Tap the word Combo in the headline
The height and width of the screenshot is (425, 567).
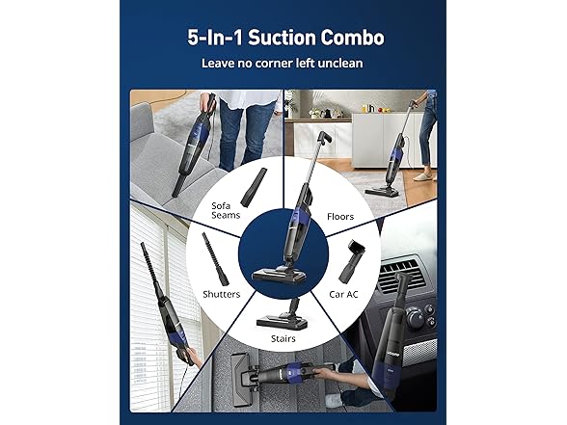click(x=352, y=38)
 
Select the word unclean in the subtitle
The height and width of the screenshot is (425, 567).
click(x=339, y=64)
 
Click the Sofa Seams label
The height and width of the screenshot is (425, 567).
click(x=226, y=210)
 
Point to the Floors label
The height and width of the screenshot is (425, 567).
click(x=340, y=217)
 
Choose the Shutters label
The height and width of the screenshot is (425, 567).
click(x=222, y=294)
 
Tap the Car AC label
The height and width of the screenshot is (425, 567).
click(x=343, y=294)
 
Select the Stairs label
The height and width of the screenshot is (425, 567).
click(x=283, y=338)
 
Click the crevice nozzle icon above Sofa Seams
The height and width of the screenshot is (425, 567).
click(x=255, y=186)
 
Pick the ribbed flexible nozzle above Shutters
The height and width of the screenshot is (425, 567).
click(x=215, y=258)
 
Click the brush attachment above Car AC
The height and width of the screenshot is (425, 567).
click(x=351, y=261)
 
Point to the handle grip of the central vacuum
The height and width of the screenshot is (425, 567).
click(x=324, y=138)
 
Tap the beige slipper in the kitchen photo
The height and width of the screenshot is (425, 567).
click(x=422, y=176)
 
